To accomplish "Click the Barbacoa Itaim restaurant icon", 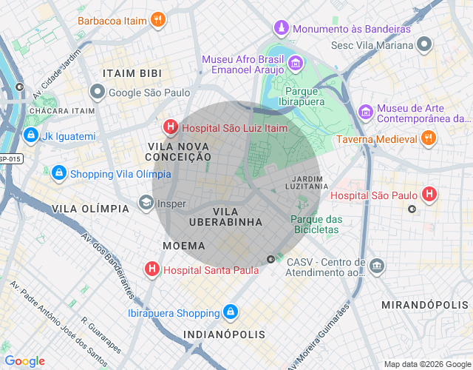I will point(157,20).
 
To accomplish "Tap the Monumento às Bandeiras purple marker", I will point(281,28).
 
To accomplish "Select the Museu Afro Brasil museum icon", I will point(295,64).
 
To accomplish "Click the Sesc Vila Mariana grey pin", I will point(423,44).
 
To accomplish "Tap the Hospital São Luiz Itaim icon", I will point(171,127).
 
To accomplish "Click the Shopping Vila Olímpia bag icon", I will point(58,173).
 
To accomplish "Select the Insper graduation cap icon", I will point(146,203).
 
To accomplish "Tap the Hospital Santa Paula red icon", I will point(152,269).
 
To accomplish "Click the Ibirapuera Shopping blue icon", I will point(231,312).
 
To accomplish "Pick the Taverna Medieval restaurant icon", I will point(427,138).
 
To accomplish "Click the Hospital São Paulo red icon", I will point(429,195).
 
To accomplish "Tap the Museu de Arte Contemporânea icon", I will point(365,112).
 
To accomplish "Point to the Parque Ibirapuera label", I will point(310,97).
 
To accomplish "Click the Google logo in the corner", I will point(24,361).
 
